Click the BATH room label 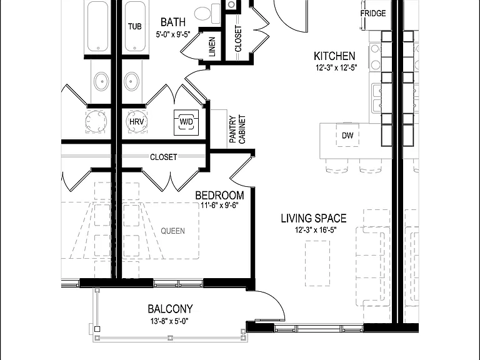click(173, 22)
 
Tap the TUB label click(135, 26)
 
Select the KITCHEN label click(334, 56)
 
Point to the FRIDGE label click(373, 14)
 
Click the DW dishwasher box click(347, 135)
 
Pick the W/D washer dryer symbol click(186, 122)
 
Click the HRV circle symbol click(136, 121)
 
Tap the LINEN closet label click(212, 47)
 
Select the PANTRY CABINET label click(237, 129)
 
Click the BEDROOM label click(219, 195)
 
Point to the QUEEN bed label click(173, 231)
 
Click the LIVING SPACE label click(314, 218)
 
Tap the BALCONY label click(170, 309)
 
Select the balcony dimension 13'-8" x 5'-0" click(169, 321)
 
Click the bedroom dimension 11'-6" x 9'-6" click(219, 205)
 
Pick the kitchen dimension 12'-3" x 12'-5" click(336, 67)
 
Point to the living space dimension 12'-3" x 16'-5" click(316, 230)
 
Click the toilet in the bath click(207, 14)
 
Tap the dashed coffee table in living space click(317, 263)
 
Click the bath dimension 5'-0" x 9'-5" click(173, 34)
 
